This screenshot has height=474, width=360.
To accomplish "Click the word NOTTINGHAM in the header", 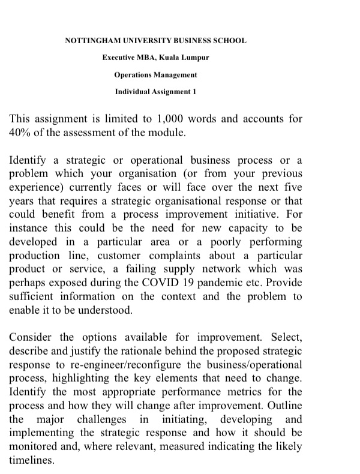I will tap(90, 41).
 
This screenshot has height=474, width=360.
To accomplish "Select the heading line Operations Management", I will tap(155, 76).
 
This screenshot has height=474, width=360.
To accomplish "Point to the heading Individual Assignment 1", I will tap(155, 93).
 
